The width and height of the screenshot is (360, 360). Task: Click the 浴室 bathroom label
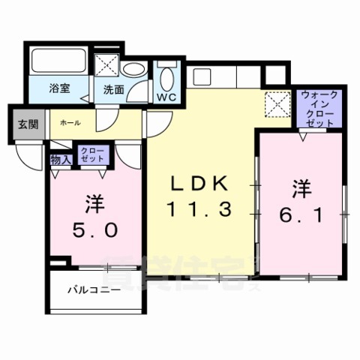tap(60, 88)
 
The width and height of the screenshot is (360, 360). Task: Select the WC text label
tap(166, 96)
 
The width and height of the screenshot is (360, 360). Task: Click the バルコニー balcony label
tap(94, 289)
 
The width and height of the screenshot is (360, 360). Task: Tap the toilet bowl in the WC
tap(166, 78)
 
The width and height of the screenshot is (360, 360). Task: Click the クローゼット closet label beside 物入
tap(95, 155)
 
